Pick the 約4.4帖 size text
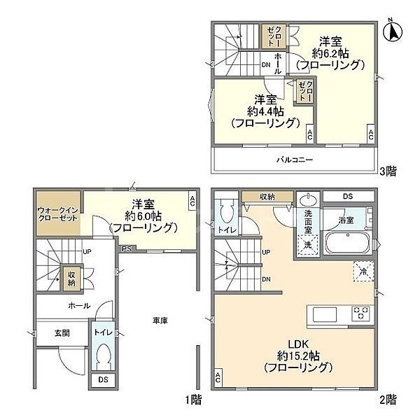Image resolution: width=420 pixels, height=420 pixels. [x=265, y=111]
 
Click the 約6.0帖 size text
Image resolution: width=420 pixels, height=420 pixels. [x=143, y=216]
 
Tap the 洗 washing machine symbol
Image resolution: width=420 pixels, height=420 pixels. [x=307, y=244]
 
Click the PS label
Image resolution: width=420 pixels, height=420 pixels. [x=127, y=248]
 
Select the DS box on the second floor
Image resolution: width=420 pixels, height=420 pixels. [x=348, y=197]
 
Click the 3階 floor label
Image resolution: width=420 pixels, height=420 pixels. [x=388, y=169]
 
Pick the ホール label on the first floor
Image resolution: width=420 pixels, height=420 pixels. [x=78, y=306]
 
